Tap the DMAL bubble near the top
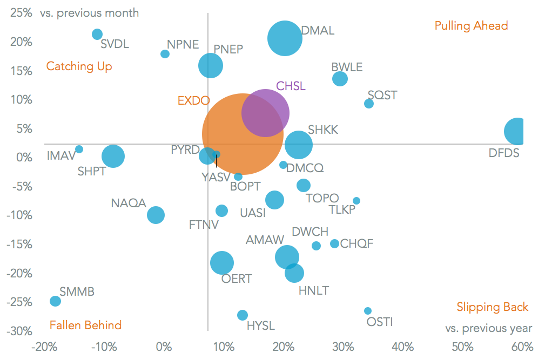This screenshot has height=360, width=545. point(285,38)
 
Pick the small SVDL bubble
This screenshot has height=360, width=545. point(97,35)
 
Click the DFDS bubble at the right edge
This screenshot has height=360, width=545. point(517,131)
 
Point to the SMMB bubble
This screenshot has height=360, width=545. point(55,301)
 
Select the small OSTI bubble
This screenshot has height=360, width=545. point(368,311)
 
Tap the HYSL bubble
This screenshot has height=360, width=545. point(243,315)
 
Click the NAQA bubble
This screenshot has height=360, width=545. point(156,215)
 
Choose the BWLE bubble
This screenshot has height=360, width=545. point(340,79)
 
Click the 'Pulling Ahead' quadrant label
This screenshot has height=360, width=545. point(471,26)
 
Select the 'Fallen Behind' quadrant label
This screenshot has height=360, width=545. point(85,325)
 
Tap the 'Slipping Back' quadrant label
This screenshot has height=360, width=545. point(492,307)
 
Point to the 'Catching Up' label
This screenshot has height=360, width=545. point(79,66)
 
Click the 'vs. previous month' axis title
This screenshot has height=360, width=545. point(89,13)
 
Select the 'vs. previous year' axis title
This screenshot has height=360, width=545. point(488,328)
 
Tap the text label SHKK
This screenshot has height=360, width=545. point(323,130)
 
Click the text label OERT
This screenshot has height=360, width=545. point(237,279)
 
